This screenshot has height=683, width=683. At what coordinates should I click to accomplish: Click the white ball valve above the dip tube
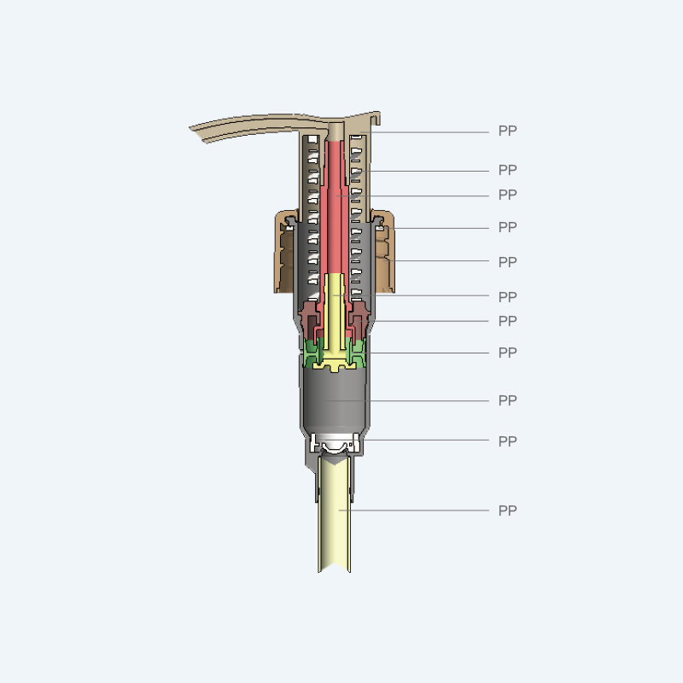click(x=335, y=445)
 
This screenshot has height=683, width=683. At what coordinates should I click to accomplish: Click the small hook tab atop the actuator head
click(x=377, y=118)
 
